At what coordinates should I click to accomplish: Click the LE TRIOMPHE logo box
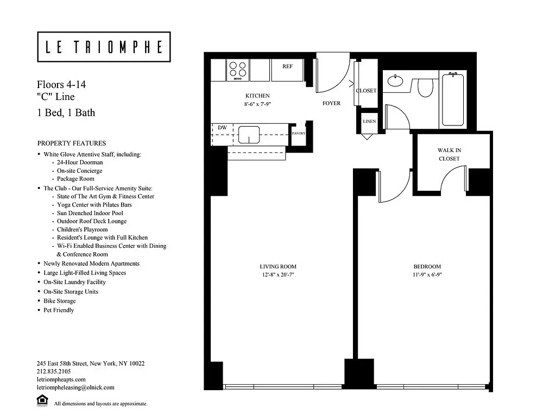click(104, 47)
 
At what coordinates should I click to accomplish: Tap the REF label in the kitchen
click(287, 66)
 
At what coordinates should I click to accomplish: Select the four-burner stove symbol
click(237, 70)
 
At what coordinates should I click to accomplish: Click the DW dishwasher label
click(222, 128)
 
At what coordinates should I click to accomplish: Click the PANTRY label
click(298, 133)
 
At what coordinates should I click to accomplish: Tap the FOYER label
click(331, 103)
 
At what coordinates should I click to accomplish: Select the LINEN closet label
click(369, 121)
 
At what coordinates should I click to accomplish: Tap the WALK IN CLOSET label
click(449, 154)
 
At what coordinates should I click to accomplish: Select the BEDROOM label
click(427, 266)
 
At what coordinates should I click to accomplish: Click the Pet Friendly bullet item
click(59, 310)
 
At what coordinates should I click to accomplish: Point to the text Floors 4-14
click(61, 85)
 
